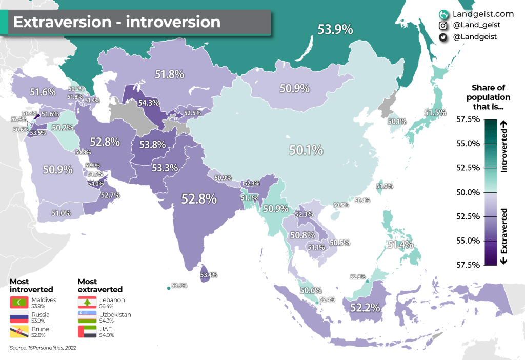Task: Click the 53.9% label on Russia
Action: (335, 30)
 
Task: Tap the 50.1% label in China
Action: (306, 150)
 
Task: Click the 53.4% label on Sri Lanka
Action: (209, 275)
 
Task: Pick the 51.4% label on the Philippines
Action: (400, 245)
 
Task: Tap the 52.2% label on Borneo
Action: (365, 308)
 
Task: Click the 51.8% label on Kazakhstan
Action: (169, 74)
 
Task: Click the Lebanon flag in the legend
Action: (85, 303)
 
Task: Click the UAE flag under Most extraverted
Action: (85, 331)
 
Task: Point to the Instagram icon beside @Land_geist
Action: (442, 25)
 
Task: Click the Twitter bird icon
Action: (442, 37)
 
